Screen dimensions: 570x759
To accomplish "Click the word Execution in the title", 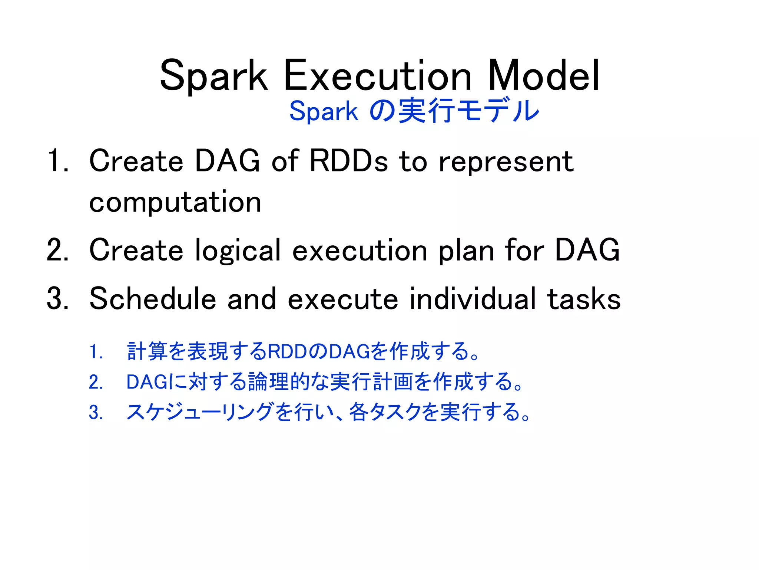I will tap(378, 76).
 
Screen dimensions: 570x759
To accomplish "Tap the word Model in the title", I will tap(543, 76).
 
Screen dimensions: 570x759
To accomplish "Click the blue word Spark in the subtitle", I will tap(324, 111).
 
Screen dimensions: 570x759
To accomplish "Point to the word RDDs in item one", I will tap(348, 161).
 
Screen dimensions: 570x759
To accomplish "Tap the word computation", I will tap(175, 203).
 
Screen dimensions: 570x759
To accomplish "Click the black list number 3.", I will tap(57, 299).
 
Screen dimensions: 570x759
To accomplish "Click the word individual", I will tap(473, 299).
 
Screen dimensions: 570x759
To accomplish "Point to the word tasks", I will tap(584, 299).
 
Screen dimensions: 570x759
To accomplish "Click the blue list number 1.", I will tap(95, 352).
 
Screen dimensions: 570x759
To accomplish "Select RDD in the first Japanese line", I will tap(287, 352).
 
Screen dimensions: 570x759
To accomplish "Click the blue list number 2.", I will tap(95, 382).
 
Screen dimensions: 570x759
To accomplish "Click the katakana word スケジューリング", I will tap(200, 412).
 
